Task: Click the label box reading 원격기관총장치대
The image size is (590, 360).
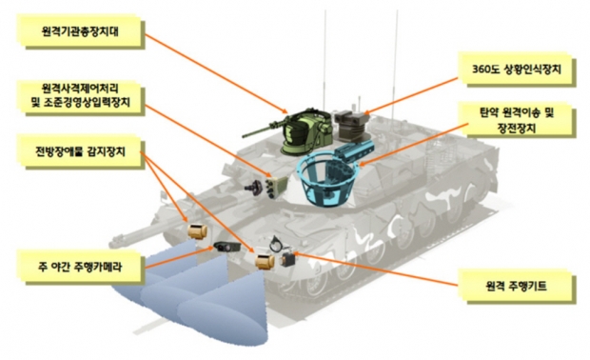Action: coord(80,30)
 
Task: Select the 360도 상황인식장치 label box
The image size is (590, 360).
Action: coord(517,70)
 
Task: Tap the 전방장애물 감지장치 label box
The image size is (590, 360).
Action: coord(80,151)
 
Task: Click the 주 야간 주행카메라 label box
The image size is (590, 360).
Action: coord(80,268)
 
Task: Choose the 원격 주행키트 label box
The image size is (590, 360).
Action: coord(517,286)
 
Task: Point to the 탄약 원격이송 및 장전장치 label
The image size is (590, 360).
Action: coord(517,121)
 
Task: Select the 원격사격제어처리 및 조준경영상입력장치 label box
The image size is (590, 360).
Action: coord(80,96)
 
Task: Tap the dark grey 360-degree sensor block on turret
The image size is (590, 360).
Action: coord(349,126)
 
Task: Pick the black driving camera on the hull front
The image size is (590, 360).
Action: coord(226,247)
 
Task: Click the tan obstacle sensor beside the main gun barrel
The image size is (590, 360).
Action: coord(198,230)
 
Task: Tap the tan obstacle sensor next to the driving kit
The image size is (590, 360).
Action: coord(265,261)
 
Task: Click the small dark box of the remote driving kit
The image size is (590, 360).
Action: coord(287,259)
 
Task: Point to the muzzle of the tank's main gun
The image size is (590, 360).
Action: coord(115,239)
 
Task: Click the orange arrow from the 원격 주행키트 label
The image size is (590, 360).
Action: coord(376,269)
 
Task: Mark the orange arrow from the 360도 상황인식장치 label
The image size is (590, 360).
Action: coord(411,95)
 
